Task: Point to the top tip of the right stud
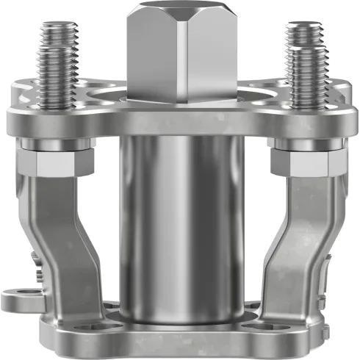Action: [x=304, y=26]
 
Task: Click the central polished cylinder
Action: [x=179, y=220]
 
